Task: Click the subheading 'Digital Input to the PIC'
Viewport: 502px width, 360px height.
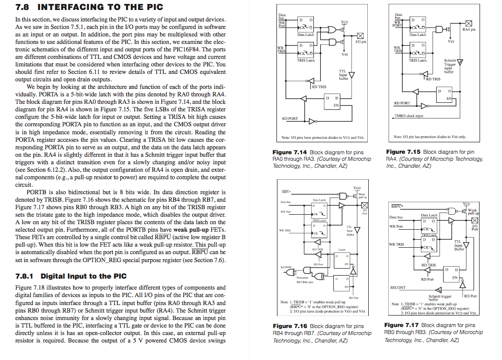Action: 83,276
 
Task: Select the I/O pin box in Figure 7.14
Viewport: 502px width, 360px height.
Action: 360,35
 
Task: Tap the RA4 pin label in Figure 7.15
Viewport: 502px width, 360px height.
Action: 468,30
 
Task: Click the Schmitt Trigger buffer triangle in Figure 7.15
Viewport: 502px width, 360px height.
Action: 460,62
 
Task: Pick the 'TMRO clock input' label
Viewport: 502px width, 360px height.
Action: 409,116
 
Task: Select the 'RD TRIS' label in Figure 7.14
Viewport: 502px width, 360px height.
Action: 319,86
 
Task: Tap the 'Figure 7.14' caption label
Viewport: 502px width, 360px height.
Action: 290,152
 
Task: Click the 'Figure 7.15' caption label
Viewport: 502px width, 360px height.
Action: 403,151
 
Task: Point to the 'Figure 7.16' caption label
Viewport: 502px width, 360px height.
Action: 290,326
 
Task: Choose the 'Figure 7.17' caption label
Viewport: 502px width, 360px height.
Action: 402,325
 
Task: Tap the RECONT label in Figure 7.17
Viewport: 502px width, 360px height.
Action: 398,288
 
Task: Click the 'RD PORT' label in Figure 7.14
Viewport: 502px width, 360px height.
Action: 290,118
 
